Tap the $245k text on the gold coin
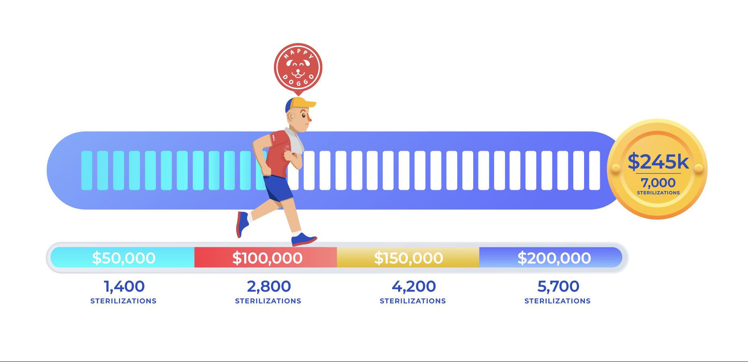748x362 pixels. [658, 162]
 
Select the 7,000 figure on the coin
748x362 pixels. [658, 183]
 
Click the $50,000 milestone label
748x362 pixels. [124, 258]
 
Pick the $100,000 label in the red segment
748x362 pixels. [267, 258]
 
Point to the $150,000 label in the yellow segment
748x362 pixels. [409, 258]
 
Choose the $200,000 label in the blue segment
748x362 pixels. [554, 258]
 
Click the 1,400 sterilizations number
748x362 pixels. [124, 286]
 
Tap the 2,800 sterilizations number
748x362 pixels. [269, 286]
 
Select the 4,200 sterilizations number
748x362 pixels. [414, 286]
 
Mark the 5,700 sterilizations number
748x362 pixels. [558, 286]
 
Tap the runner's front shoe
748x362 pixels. [304, 239]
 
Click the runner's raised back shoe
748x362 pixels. [242, 224]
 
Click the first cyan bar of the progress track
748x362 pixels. [87, 171]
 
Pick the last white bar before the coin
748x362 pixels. [595, 171]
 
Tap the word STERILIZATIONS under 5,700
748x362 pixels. [558, 301]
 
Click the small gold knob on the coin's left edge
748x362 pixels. [615, 168]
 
